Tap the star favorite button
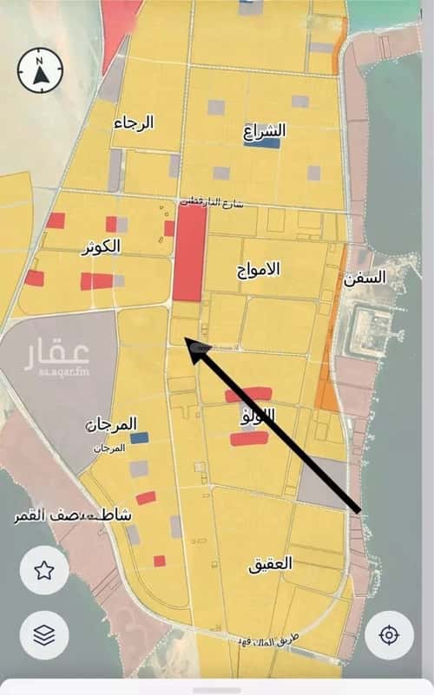(x=44, y=570)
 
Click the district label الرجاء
(x=134, y=123)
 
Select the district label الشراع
(x=265, y=131)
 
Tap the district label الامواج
(x=259, y=268)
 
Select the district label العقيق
(x=270, y=563)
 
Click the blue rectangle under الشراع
(x=260, y=144)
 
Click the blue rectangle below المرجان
(x=139, y=438)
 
